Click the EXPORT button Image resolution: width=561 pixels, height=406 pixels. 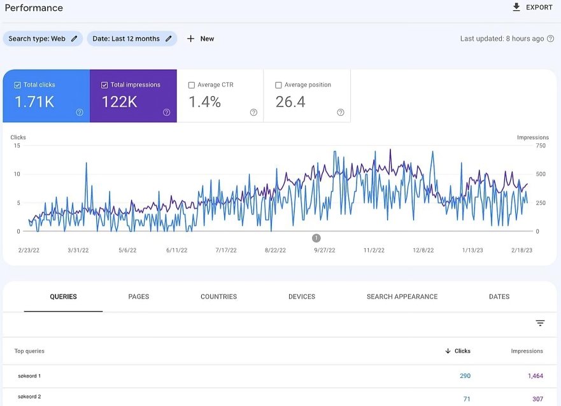532,7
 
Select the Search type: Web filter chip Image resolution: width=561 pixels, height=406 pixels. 43,39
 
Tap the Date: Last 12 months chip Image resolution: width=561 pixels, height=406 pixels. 132,39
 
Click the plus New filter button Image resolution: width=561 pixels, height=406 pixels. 201,39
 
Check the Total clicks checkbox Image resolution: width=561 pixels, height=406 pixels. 17,85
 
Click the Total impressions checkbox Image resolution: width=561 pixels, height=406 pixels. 104,85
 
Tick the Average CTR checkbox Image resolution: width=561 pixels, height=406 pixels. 192,85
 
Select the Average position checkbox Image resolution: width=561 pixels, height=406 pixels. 278,85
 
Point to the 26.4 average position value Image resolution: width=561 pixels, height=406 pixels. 290,102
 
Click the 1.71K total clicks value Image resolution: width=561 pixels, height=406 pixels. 34,102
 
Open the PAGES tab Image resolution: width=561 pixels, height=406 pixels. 138,297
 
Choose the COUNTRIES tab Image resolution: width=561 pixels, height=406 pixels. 218,297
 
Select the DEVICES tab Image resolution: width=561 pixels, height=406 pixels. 302,297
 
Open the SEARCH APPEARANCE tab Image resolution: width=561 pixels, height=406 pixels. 402,297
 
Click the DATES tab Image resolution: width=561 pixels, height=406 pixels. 499,297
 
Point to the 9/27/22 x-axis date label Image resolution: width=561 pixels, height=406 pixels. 325,250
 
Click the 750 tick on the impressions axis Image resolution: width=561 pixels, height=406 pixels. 541,146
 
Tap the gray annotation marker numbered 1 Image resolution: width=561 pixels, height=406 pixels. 316,238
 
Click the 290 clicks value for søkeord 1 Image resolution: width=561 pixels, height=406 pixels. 465,375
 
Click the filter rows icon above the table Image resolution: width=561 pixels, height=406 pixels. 540,323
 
